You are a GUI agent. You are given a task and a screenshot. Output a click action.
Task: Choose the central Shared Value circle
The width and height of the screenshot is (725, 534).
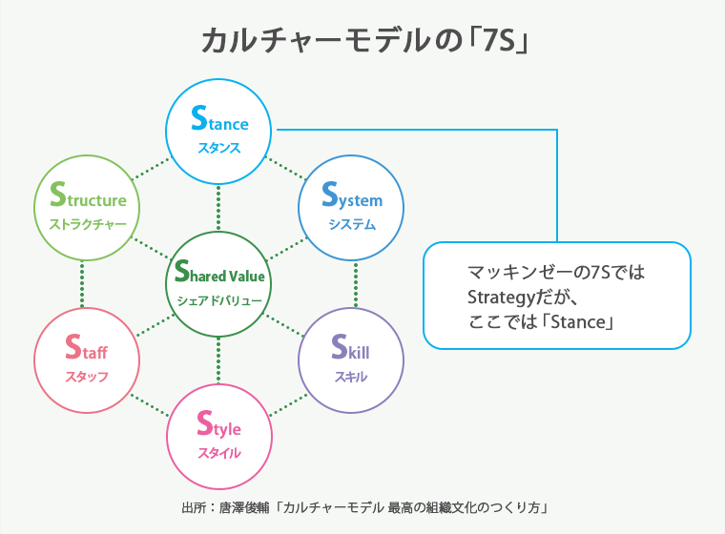click(219, 283)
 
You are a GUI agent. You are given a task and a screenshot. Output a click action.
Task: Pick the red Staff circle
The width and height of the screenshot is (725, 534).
click(87, 359)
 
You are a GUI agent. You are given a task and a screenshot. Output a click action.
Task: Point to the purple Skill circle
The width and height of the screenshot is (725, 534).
click(351, 359)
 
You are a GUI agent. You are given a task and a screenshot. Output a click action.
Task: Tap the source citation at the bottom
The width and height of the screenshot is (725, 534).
click(362, 506)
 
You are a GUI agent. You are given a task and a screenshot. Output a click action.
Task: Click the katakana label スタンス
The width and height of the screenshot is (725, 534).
click(219, 148)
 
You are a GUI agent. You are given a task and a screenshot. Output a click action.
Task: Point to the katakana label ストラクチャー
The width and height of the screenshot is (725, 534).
click(87, 225)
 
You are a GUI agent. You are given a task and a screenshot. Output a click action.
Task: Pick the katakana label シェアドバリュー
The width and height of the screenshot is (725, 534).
click(219, 300)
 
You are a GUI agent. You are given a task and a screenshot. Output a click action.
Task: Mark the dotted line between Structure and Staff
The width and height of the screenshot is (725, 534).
click(83, 283)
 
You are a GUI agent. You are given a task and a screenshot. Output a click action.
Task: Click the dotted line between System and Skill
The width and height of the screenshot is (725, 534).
click(355, 283)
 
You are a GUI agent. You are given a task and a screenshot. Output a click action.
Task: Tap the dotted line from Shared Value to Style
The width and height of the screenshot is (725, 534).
click(219, 359)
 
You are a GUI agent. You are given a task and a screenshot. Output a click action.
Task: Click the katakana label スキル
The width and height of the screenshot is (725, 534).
click(351, 377)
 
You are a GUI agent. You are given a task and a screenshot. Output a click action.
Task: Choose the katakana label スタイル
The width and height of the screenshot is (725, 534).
click(219, 453)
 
